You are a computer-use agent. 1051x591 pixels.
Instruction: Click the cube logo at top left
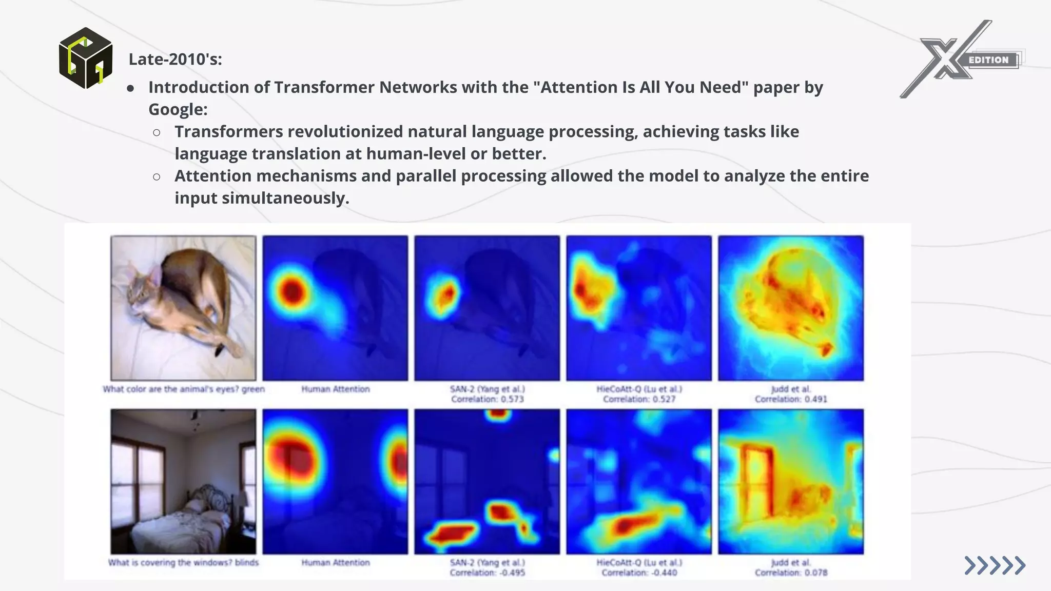coord(86,58)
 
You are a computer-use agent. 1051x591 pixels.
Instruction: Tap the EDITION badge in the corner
coord(988,60)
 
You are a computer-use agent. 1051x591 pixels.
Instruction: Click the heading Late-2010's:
coord(175,60)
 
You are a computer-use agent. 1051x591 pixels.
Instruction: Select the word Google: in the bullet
coord(178,109)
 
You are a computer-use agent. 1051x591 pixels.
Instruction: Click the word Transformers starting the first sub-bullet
coord(229,132)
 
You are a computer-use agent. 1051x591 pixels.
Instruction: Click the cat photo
coord(183,308)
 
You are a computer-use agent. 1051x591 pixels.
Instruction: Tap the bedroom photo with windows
coord(183,481)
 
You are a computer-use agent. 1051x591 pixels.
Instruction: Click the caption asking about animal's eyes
coord(183,389)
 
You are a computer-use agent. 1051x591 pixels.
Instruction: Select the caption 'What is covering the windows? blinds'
coord(183,563)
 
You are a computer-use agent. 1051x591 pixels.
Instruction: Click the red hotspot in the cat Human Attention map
coord(293,292)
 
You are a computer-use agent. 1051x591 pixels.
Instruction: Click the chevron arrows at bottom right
coord(995,565)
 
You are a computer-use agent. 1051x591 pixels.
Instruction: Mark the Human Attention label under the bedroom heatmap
coord(335,563)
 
